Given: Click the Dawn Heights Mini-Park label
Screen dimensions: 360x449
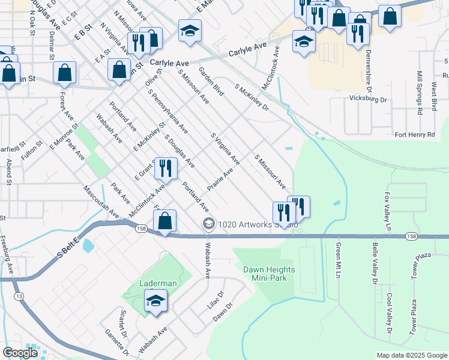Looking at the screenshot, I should tap(265, 274).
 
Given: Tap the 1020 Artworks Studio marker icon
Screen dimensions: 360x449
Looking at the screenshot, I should tap(209, 224).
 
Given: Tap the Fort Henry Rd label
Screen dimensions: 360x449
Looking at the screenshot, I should tap(414, 135).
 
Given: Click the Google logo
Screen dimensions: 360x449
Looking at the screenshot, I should tap(20, 353).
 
